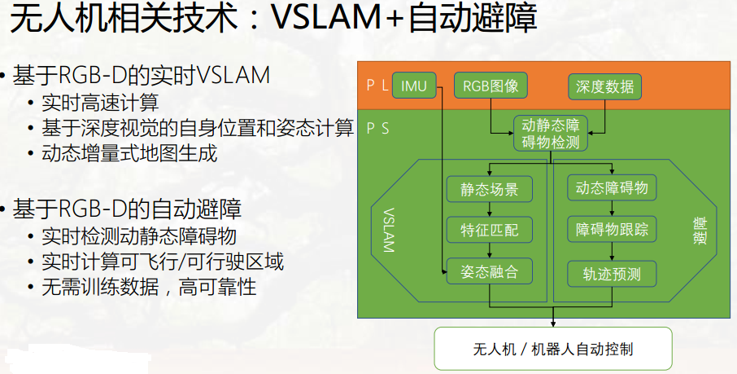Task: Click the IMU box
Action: (x=414, y=86)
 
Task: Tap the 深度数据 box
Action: (x=604, y=86)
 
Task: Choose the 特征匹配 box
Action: (x=489, y=230)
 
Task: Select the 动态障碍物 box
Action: (x=612, y=188)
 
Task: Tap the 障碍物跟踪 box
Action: (x=612, y=230)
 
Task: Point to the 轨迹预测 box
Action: (x=612, y=273)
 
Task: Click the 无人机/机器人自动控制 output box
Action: (x=553, y=349)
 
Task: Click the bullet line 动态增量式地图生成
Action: (x=129, y=153)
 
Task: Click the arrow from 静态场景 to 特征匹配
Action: (x=489, y=209)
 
